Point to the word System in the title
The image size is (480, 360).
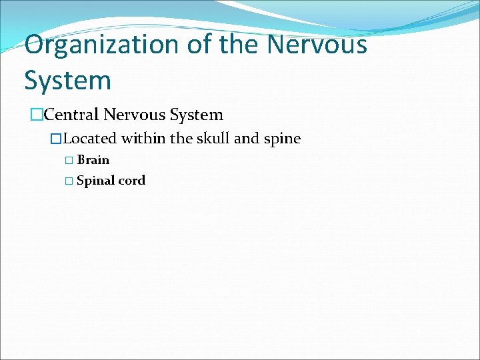(67, 81)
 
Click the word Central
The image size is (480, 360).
(72, 115)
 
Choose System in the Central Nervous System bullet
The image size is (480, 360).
(197, 115)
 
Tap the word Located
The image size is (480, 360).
(90, 139)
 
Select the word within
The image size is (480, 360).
(144, 139)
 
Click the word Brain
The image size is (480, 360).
(93, 160)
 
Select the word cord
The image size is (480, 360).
(131, 181)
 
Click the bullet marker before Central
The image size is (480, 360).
(37, 115)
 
